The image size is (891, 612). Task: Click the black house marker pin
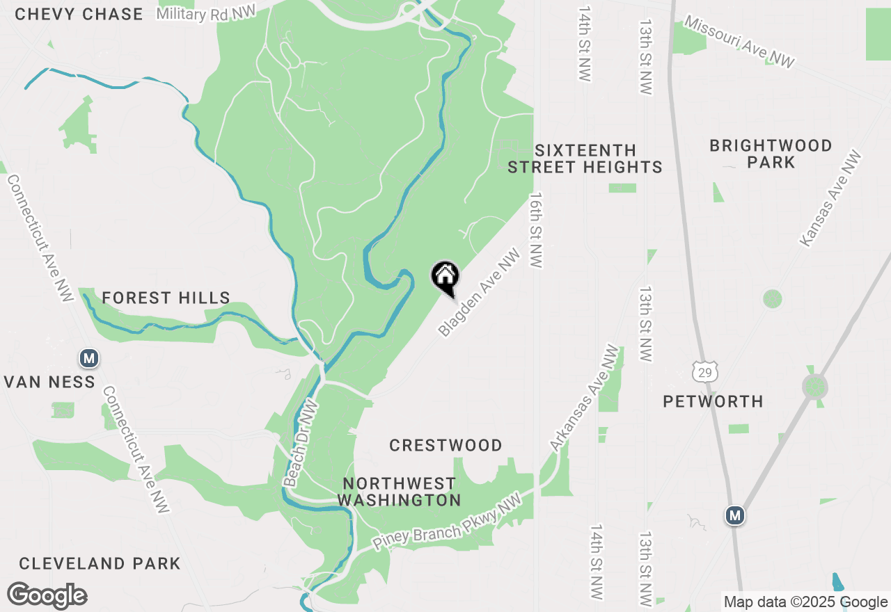coord(445,277)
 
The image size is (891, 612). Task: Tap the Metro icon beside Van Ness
coord(88,359)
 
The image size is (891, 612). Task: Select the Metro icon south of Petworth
coord(735,515)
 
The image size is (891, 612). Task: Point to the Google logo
coord(47,596)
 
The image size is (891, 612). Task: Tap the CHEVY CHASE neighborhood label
coord(79,14)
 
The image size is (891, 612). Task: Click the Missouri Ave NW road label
coord(739,42)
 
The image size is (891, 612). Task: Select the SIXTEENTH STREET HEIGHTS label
coord(585,159)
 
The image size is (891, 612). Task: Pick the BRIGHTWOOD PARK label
coord(771,154)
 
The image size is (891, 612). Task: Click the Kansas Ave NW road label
coord(830,199)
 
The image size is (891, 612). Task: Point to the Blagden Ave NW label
coord(480,293)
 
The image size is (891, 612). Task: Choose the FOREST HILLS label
coord(166,298)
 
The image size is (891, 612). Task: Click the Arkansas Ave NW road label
coord(583,398)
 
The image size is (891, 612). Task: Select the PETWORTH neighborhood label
coord(713,401)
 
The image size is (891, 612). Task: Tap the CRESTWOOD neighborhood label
coord(445,445)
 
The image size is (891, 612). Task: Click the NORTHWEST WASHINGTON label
coord(400,492)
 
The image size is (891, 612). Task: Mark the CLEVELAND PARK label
coord(100,563)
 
